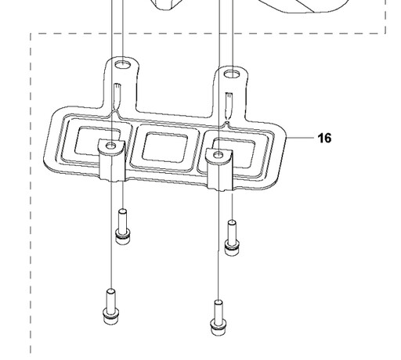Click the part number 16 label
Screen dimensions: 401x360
coord(324,138)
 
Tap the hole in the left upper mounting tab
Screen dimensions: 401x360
coord(123,64)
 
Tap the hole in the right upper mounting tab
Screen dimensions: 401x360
coord(233,74)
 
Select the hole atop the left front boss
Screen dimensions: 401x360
coord(111,146)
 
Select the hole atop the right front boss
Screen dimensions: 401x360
coord(219,155)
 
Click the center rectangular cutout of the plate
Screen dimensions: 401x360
coord(164,147)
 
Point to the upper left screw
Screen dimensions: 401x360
coord(122,226)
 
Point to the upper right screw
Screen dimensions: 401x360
coord(232,238)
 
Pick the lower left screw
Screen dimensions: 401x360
coord(111,307)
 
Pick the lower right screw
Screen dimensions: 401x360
coord(219,318)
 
